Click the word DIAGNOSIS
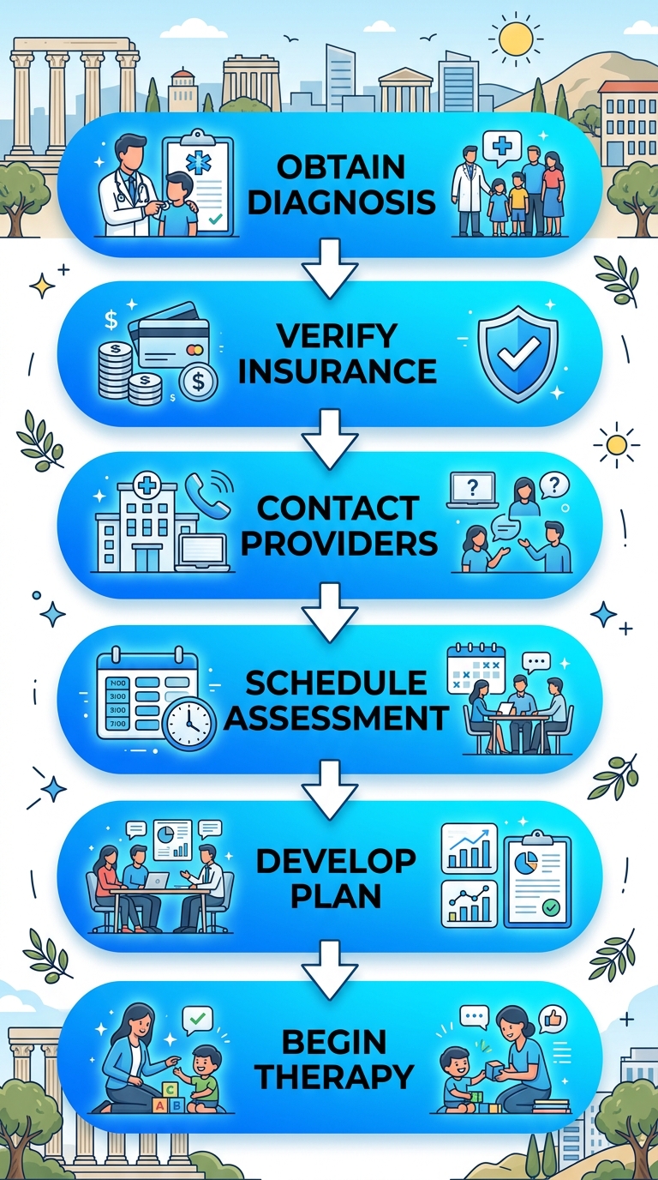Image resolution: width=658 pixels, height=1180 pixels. tap(342, 202)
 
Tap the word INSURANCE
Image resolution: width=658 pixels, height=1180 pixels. tap(338, 370)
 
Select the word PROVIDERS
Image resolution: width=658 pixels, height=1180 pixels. tap(339, 543)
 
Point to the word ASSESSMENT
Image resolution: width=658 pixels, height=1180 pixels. tap(337, 718)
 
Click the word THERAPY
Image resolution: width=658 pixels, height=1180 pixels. tap(334, 1076)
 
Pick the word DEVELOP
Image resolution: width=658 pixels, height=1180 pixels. tap(336, 861)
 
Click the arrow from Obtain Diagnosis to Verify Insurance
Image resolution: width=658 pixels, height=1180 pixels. tap(330, 268)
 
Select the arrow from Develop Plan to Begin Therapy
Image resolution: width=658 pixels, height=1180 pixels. tap(330, 970)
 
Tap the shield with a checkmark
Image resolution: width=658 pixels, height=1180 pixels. tap(518, 354)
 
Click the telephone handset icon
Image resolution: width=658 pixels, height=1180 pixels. tap(206, 495)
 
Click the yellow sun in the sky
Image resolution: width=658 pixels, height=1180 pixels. tap(515, 39)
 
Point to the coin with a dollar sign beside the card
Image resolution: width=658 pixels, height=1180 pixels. tap(198, 382)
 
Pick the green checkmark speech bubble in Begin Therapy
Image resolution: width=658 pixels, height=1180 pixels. tap(197, 1020)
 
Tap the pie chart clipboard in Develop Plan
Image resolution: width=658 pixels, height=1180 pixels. tap(537, 879)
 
